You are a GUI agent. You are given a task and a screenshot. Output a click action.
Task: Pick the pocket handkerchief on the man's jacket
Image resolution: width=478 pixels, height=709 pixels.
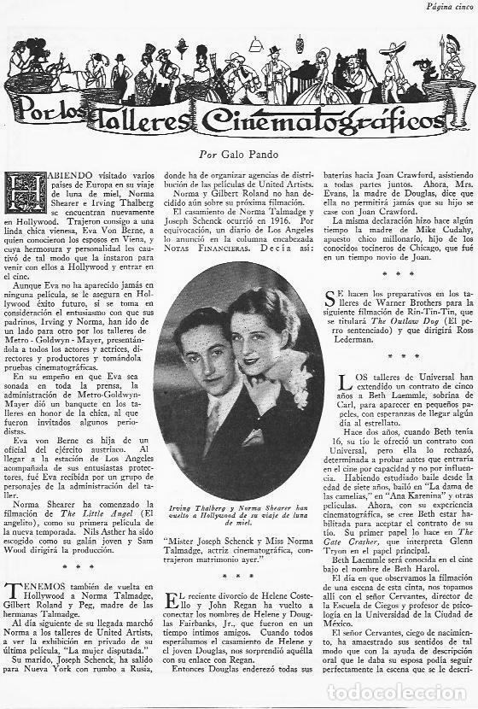pyautogui.click(x=254, y=437)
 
